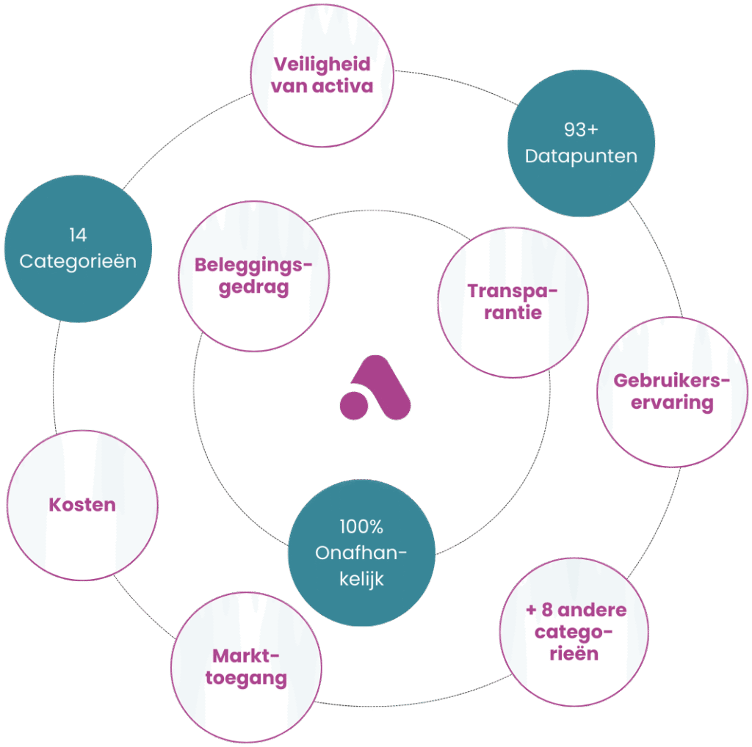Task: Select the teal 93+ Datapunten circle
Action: point(580,144)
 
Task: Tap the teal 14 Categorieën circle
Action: point(78,249)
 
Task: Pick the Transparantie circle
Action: point(512,302)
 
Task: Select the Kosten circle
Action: point(82,505)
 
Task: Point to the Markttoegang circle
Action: point(246,666)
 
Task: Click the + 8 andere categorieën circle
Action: point(576,632)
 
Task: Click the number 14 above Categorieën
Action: point(78,235)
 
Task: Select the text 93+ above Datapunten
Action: point(580,130)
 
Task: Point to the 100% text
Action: point(361,527)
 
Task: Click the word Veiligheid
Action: point(322,64)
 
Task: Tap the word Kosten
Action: point(82,505)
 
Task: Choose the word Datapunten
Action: point(580,156)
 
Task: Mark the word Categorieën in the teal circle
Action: point(78,261)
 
